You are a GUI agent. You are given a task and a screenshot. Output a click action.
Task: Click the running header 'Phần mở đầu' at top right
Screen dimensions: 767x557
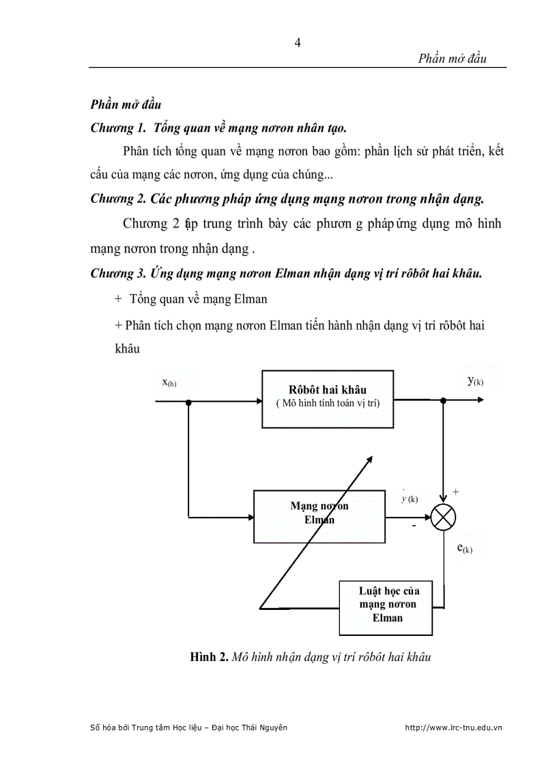(x=452, y=59)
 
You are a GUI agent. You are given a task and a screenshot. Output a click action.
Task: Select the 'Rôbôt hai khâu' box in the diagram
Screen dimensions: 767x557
(x=327, y=398)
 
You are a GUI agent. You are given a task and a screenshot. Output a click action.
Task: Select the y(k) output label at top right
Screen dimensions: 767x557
(x=475, y=380)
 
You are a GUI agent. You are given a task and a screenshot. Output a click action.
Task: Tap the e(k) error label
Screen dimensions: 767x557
(x=464, y=548)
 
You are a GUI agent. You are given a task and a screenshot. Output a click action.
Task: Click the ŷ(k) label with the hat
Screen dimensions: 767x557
(x=410, y=498)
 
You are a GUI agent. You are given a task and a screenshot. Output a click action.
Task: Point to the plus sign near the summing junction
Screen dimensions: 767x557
(x=456, y=491)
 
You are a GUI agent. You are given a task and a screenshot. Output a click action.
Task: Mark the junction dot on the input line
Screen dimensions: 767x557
(x=188, y=402)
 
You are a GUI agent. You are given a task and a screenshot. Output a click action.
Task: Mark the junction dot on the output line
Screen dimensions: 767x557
(x=444, y=402)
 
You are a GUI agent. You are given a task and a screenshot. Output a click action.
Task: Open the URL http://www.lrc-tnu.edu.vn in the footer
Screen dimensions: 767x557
(x=453, y=728)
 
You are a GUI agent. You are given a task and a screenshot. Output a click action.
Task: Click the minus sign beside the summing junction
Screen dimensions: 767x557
(x=414, y=527)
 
